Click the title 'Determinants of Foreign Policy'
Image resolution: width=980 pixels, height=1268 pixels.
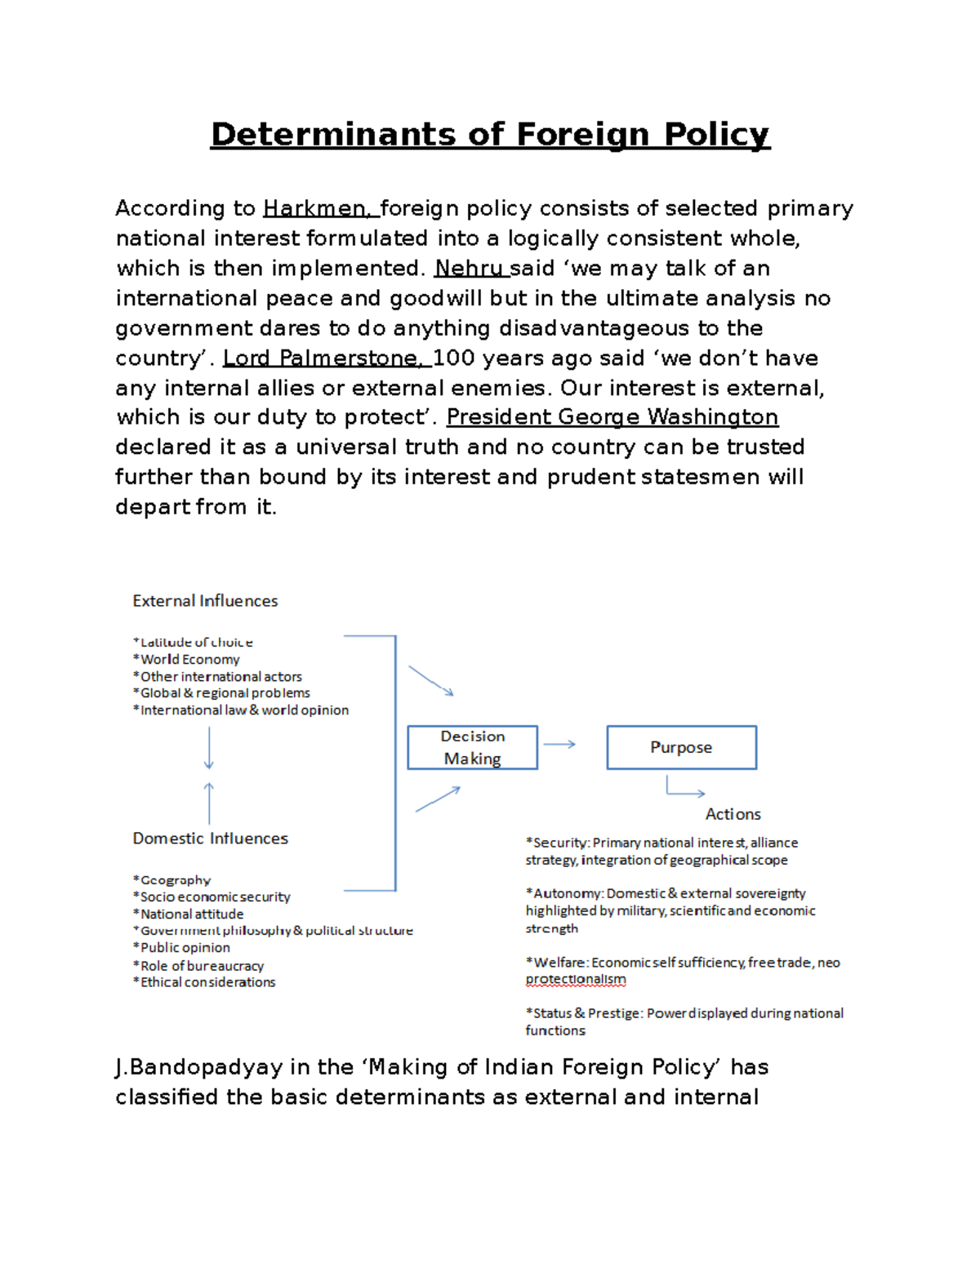(x=490, y=135)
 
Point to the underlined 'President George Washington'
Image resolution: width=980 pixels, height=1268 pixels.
(x=612, y=417)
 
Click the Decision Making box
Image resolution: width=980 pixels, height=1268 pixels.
(x=472, y=747)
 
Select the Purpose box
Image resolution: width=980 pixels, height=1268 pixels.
(x=681, y=747)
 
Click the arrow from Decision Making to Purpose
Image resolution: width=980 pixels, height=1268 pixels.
(x=559, y=745)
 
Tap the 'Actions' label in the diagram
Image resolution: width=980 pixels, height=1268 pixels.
(x=733, y=814)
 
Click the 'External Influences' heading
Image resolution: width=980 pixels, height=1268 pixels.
(x=205, y=601)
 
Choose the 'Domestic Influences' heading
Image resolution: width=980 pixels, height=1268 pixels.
(x=210, y=839)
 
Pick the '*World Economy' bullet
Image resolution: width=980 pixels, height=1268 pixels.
(x=186, y=660)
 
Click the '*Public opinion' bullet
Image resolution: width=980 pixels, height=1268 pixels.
(x=181, y=948)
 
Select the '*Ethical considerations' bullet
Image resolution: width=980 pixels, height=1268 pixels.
(x=204, y=982)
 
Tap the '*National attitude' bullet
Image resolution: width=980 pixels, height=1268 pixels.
(x=188, y=914)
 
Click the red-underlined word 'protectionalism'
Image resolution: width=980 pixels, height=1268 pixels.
(x=576, y=980)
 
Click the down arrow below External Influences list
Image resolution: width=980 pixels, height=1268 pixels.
(x=209, y=747)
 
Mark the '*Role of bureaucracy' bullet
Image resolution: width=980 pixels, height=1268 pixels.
(x=198, y=966)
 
